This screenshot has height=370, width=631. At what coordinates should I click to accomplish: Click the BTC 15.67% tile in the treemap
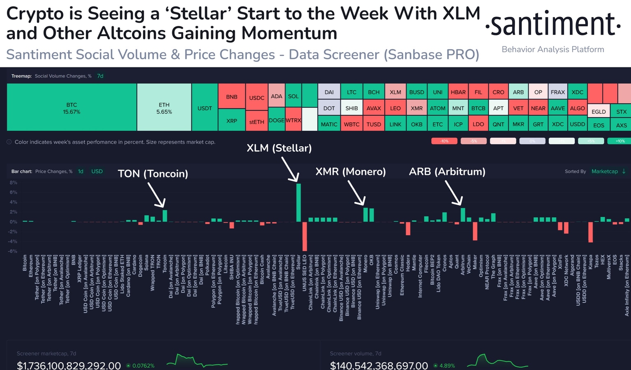[x=71, y=108]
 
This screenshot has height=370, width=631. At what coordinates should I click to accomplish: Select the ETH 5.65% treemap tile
[x=164, y=108]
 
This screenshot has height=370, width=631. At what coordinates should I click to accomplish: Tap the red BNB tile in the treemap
[x=232, y=97]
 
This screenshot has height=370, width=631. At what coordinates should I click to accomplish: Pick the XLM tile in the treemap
[x=395, y=92]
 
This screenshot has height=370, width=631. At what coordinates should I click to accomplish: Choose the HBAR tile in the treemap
[x=458, y=92]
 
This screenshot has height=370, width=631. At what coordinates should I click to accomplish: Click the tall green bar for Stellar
[x=299, y=203]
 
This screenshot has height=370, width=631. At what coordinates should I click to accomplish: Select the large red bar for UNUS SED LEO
[x=305, y=236]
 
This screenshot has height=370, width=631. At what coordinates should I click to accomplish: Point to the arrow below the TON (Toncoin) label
[x=157, y=195]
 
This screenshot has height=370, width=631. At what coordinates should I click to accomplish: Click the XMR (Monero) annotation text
[x=350, y=171]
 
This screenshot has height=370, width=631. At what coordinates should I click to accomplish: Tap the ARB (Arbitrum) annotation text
[x=447, y=171]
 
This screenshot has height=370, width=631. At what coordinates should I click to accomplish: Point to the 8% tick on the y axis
[x=14, y=183]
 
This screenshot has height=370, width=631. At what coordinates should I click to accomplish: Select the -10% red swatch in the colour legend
[x=444, y=141]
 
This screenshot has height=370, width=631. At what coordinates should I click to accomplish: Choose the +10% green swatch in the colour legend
[x=619, y=141]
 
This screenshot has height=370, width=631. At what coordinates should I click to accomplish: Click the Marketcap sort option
[x=604, y=171]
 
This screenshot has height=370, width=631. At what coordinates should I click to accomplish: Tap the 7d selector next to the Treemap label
[x=100, y=76]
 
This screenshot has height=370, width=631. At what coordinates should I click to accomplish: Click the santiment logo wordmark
[x=553, y=25]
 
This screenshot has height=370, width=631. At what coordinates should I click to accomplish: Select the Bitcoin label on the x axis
[x=25, y=263]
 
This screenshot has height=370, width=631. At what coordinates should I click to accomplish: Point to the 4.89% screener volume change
[x=447, y=365]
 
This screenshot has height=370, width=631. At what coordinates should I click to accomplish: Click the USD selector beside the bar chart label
[x=97, y=171]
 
